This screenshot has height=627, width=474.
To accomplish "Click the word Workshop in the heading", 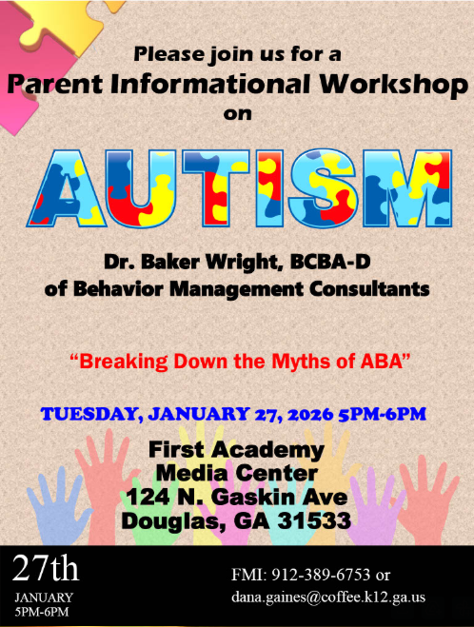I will pyautogui.click(x=393, y=85).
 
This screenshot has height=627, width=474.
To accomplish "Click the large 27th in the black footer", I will pyautogui.click(x=46, y=569).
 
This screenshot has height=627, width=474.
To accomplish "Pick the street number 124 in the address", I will pyautogui.click(x=150, y=497).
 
